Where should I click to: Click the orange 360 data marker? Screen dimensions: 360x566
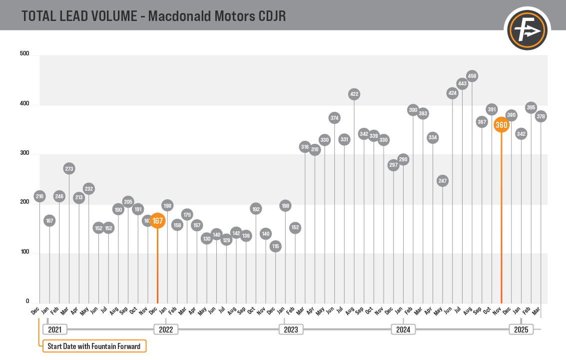(x=501, y=125)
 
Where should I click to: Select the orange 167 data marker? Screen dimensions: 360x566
(x=157, y=221)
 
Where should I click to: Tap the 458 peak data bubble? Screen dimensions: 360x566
(x=472, y=76)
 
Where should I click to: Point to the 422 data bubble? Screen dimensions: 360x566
(x=354, y=94)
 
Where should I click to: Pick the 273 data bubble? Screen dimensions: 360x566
(x=69, y=169)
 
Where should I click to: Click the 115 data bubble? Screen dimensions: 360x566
(x=275, y=246)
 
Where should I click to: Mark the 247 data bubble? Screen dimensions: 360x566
(x=442, y=181)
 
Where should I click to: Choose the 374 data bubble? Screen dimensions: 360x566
(x=335, y=118)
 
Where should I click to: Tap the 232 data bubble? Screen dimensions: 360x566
(x=88, y=189)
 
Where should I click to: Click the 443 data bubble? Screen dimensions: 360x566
(x=462, y=84)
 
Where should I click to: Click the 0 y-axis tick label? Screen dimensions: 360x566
(x=27, y=302)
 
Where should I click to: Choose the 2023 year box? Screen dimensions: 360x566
(x=291, y=330)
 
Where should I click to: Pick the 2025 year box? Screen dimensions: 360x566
(x=521, y=330)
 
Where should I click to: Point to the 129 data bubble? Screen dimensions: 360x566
(x=226, y=240)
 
